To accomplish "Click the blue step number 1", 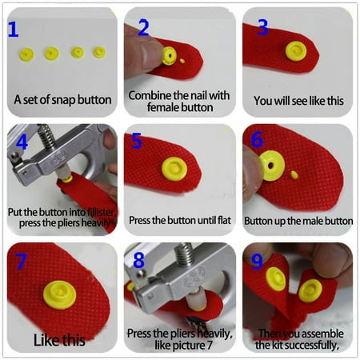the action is point(14,30).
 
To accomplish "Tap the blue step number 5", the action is point(137,141).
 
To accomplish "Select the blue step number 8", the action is point(138,260).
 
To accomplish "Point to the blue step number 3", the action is point(262,27).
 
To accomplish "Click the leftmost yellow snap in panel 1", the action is point(26,54).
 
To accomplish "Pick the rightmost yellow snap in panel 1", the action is point(100,52).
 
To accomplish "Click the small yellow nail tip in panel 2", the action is point(182,61).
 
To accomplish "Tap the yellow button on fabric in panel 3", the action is point(296,51).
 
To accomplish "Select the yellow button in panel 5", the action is point(174,169).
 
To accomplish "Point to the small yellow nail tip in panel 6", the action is point(294,174).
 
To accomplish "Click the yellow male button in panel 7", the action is point(60,294).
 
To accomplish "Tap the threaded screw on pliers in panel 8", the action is point(184,254).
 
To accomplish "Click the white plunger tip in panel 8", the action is point(195,298).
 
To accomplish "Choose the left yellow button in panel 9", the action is point(276,279).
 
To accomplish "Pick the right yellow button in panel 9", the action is point(310,290).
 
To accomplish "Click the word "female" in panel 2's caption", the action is point(163,107).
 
